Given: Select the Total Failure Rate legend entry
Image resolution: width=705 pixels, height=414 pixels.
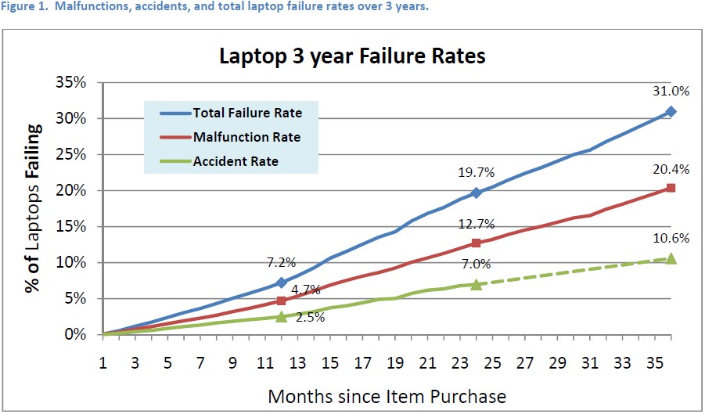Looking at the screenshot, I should (x=247, y=113).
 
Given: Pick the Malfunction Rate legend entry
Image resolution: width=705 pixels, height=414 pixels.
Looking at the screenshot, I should (x=247, y=137).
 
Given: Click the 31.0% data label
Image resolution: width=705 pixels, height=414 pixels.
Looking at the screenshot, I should (x=671, y=91).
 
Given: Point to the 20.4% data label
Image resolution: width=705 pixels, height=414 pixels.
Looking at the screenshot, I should (x=671, y=168).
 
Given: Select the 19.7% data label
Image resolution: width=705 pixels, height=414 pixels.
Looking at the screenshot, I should (x=477, y=171).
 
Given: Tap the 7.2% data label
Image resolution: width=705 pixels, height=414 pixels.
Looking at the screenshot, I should (x=282, y=261).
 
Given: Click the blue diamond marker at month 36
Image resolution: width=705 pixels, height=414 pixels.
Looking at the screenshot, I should (x=671, y=112).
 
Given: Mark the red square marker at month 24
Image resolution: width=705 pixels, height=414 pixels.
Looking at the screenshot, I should (x=476, y=243).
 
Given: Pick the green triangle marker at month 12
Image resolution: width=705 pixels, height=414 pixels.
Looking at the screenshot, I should (x=281, y=316).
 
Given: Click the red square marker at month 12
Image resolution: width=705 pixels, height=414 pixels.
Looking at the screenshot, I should (x=281, y=301).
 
